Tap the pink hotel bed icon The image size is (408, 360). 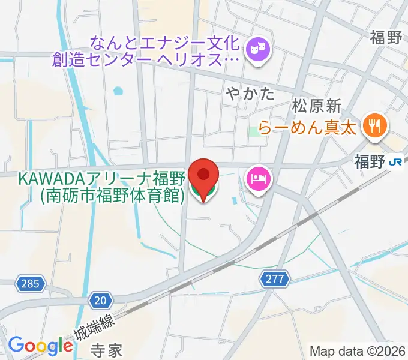(259, 179)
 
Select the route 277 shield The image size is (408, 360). (275, 278)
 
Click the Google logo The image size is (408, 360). (40, 346)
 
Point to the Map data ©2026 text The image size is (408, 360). (358, 351)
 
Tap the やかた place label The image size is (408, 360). (251, 94)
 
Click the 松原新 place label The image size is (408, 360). (316, 107)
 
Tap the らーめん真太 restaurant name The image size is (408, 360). (308, 127)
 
